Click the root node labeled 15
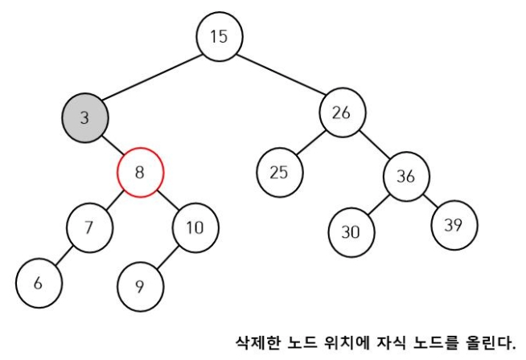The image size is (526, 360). pyautogui.click(x=218, y=37)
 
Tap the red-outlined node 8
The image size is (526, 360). pyautogui.click(x=140, y=170)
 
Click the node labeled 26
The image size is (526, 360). pyautogui.click(x=342, y=113)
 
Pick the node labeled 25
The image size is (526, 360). pyautogui.click(x=279, y=171)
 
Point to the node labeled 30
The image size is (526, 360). pyautogui.click(x=351, y=231)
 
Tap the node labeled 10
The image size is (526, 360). pyautogui.click(x=194, y=227)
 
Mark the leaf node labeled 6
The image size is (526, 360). pyautogui.click(x=37, y=282)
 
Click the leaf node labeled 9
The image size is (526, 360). pyautogui.click(x=140, y=284)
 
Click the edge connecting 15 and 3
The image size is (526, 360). pyautogui.click(x=151, y=78)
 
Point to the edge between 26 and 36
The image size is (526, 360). pyautogui.click(x=373, y=145)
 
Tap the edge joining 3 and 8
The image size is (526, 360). pyautogui.click(x=113, y=145)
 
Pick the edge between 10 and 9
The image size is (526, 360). pyautogui.click(x=166, y=256)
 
